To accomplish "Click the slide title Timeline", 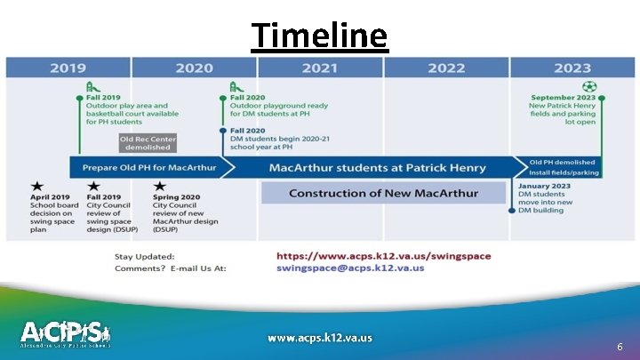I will click(319, 36).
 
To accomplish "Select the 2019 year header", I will click(68, 68).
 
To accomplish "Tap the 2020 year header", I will click(194, 68).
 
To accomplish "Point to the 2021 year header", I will click(319, 68).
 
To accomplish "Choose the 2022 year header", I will click(445, 68).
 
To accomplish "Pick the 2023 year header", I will click(572, 68).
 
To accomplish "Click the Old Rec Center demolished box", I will click(148, 143).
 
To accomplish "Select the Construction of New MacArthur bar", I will click(383, 193).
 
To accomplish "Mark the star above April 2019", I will click(37, 186).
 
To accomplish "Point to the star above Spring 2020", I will click(159, 186).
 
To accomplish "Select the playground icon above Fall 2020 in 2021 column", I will click(236, 88).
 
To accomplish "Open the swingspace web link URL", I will click(383, 256).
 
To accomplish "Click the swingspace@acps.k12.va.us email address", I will click(349, 268).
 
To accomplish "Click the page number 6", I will click(619, 348).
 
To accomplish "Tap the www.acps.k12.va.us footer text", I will click(320, 338).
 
